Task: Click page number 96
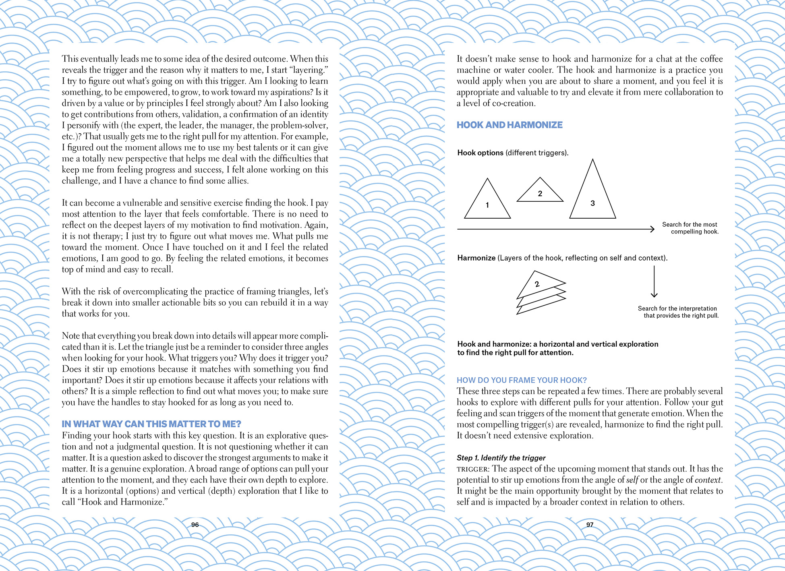195,525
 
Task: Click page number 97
590,525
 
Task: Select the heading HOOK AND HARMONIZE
509,125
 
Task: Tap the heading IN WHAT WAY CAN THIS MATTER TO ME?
151,424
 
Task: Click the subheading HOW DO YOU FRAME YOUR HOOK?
521,380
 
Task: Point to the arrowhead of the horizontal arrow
652,229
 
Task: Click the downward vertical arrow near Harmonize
654,282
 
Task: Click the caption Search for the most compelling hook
690,228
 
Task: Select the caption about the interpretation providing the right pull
678,312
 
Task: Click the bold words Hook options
480,153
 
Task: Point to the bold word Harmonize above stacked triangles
476,258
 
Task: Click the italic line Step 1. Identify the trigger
501,458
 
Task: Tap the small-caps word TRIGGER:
473,469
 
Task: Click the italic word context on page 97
707,480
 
